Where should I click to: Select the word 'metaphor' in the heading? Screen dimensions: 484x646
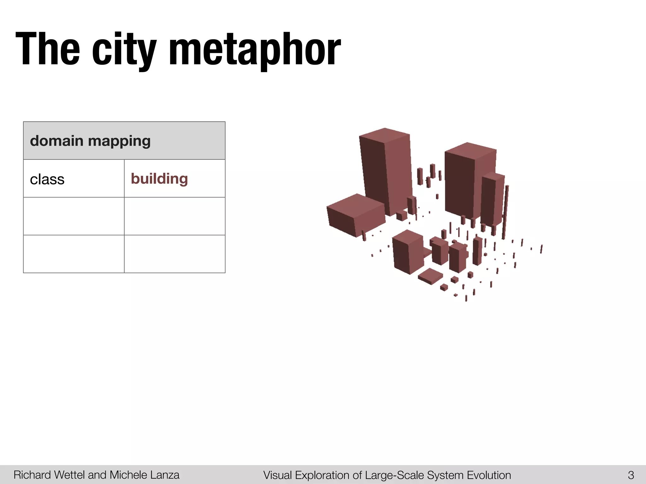(255, 50)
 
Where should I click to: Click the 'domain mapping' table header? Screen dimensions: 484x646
(90, 141)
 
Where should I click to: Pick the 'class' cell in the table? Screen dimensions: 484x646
(47, 179)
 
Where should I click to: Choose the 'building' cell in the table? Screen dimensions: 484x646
(159, 179)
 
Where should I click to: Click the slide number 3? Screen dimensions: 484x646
(631, 475)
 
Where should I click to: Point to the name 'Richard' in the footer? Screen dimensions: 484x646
(32, 475)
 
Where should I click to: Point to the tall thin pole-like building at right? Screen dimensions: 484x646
(505, 211)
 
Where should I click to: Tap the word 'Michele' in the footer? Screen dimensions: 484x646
(128, 475)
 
